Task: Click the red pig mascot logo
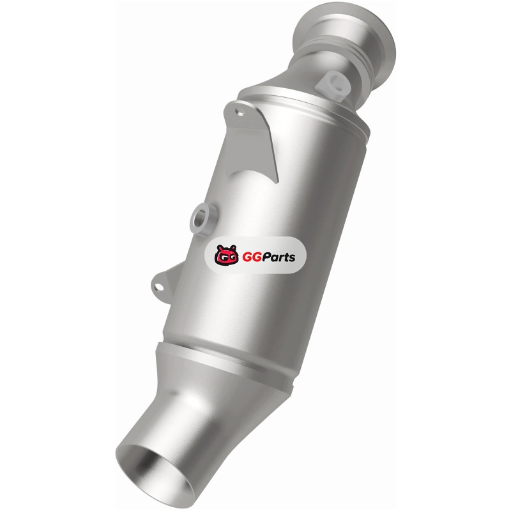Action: tap(227, 255)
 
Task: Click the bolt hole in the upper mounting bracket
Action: tap(241, 113)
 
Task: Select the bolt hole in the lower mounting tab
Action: tap(159, 287)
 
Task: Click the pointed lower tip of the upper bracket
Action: tap(277, 183)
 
